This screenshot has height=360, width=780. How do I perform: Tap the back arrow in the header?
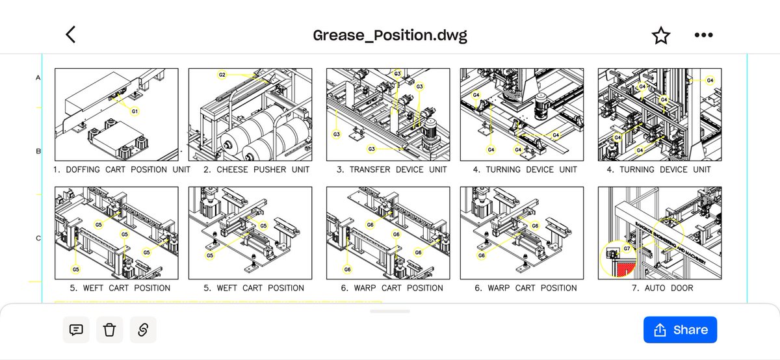tap(71, 34)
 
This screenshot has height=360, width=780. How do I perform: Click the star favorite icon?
tap(661, 35)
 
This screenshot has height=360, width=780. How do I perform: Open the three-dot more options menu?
tap(703, 35)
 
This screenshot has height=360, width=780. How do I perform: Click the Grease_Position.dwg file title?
tap(390, 35)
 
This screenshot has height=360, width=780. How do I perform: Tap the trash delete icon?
tap(109, 330)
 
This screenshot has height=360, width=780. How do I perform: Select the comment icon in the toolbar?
tap(76, 330)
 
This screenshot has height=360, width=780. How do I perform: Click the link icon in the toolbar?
tap(143, 330)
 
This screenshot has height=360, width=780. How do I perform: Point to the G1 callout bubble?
tap(135, 111)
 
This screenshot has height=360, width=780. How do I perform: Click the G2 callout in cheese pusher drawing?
tap(222, 75)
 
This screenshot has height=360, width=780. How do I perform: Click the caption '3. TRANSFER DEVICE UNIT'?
tap(391, 170)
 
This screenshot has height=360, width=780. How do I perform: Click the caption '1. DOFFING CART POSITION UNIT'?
tap(122, 170)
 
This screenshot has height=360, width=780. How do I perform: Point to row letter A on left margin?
tap(38, 78)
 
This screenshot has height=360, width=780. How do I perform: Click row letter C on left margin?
tap(38, 238)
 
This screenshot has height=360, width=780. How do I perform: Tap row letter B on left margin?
tap(38, 152)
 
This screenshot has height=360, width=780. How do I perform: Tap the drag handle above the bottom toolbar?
tap(390, 311)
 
